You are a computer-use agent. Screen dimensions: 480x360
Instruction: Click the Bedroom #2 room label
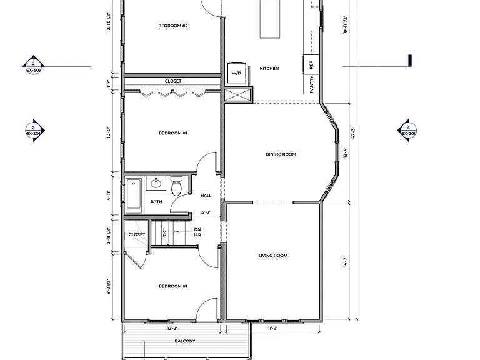(173, 26)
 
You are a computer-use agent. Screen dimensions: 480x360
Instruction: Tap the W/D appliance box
(237, 72)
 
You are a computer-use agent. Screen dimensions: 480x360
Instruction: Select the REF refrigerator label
(311, 64)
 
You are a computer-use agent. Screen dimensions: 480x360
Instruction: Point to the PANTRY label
(312, 84)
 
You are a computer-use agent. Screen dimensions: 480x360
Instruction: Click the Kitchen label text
(269, 68)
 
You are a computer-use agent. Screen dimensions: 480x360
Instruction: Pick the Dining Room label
(281, 154)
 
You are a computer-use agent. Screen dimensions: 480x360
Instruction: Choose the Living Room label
(273, 255)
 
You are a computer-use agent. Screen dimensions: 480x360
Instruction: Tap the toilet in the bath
(176, 186)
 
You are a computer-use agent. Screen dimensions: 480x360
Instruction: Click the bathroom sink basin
(156, 183)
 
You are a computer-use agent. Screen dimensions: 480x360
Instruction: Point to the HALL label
(206, 195)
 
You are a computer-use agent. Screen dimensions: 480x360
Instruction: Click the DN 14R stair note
(197, 232)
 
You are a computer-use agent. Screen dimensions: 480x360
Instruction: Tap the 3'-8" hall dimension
(206, 212)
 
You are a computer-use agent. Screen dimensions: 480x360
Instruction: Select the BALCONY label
(185, 341)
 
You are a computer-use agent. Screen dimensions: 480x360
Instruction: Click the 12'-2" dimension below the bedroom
(172, 329)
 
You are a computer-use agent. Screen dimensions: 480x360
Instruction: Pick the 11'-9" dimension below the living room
(272, 329)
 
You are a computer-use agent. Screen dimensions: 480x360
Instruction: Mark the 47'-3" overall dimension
(353, 133)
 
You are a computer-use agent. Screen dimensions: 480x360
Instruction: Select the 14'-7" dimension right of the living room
(346, 262)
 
